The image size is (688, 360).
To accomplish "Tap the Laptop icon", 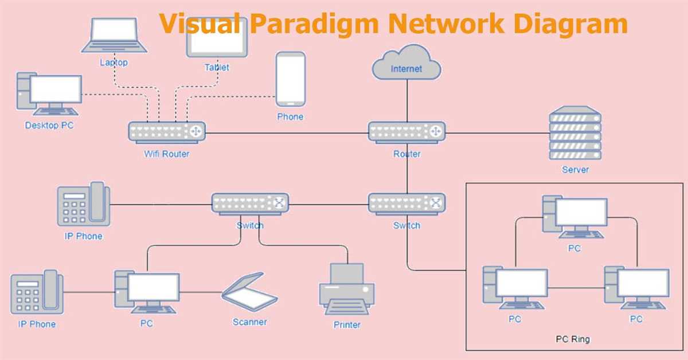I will pos(114,36).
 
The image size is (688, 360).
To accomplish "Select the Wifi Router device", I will pos(167,132).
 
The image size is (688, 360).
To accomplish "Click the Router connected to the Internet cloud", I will pos(406,132).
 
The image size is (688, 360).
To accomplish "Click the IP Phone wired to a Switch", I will pos(83,204).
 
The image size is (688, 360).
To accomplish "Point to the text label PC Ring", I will pos(572,339).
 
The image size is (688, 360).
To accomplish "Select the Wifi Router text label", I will pos(166,154).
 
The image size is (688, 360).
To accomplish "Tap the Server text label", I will pos(575,170).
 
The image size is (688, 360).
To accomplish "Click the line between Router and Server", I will pos(496,133).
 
